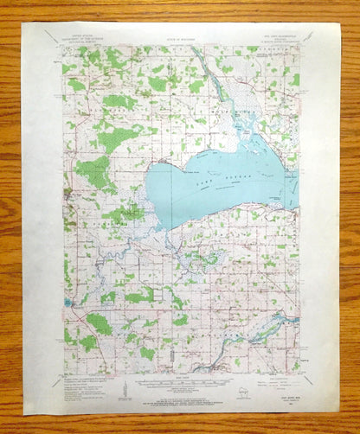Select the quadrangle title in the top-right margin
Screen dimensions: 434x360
point(281,37)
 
